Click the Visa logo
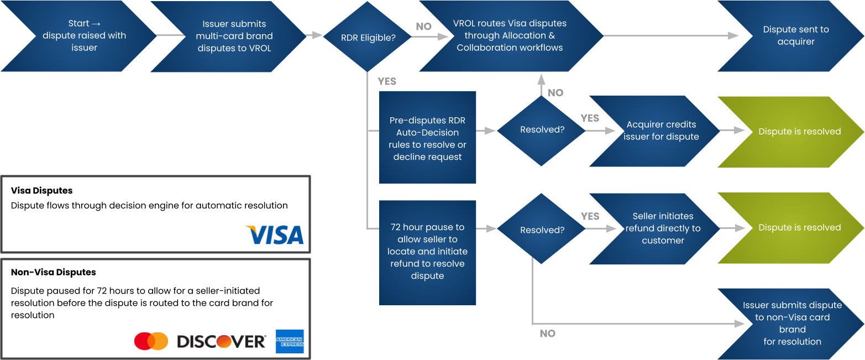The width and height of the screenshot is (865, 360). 275,234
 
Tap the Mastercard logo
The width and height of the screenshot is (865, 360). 151,341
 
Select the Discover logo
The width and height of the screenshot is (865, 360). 221,342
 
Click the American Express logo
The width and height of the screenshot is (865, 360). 289,341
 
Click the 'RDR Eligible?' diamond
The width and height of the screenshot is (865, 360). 367,36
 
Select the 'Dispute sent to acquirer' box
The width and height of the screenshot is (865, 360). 796,36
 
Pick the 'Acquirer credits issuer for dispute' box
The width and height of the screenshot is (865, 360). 660,131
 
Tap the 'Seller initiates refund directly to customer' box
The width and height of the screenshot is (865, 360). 662,228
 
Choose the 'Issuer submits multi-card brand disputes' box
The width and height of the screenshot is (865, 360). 234,36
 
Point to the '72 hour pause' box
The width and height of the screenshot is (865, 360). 427,252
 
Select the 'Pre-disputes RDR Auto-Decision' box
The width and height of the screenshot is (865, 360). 427,138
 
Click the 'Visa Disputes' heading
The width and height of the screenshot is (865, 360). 42,191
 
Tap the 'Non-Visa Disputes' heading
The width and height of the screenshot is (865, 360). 53,273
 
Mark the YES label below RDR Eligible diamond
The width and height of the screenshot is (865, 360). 387,81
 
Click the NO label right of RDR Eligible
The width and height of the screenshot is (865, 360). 424,27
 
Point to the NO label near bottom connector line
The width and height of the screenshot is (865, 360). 547,333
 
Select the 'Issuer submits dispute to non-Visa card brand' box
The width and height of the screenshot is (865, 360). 791,324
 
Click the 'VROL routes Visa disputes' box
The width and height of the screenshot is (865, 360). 510,36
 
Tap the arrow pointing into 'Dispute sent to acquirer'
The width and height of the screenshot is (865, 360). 733,36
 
